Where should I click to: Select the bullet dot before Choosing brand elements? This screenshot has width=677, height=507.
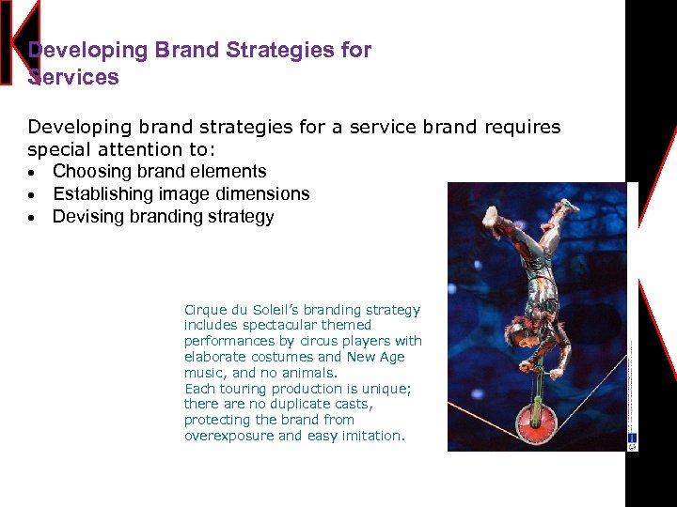pyautogui.click(x=33, y=173)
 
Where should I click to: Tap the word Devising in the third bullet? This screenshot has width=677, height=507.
pyautogui.click(x=86, y=216)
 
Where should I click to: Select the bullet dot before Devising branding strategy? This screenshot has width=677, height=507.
pyautogui.click(x=33, y=218)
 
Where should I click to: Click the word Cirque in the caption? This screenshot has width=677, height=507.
pyautogui.click(x=205, y=310)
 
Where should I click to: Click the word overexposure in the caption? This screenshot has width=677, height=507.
pyautogui.click(x=228, y=436)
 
